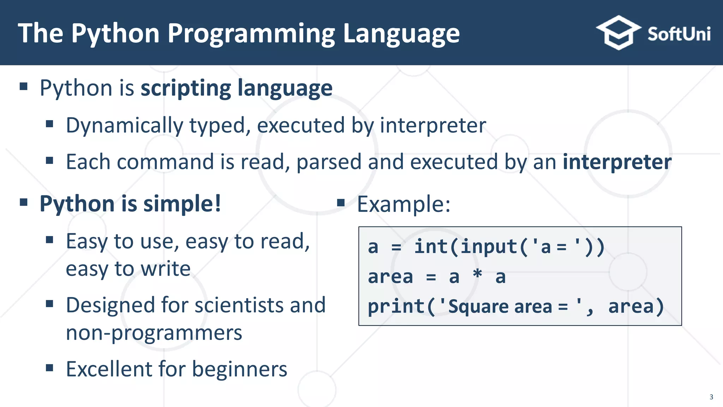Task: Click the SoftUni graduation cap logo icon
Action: pos(619,33)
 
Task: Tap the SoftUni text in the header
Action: pos(679,34)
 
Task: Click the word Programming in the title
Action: pos(251,34)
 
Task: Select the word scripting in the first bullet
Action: pos(185,88)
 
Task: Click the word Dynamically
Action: pos(124,126)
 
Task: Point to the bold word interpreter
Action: pos(617,162)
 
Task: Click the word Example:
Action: pos(404,204)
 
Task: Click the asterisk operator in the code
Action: pos(477,275)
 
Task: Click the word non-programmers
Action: pos(154,333)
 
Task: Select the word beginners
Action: pos(239,370)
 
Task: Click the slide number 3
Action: pos(711,397)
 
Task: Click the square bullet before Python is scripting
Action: pos(24,87)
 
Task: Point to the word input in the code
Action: pos(489,246)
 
